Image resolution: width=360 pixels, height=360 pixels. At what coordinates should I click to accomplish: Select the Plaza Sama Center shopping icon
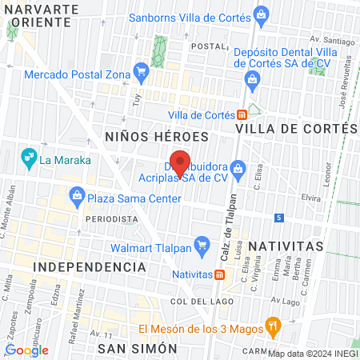(x=77, y=194)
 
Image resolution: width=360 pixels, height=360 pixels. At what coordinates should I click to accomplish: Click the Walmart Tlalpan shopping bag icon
(x=200, y=245)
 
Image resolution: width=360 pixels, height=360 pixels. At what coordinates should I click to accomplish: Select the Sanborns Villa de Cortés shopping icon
(x=261, y=14)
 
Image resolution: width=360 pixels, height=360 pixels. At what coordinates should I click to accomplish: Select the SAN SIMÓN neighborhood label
(x=136, y=349)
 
